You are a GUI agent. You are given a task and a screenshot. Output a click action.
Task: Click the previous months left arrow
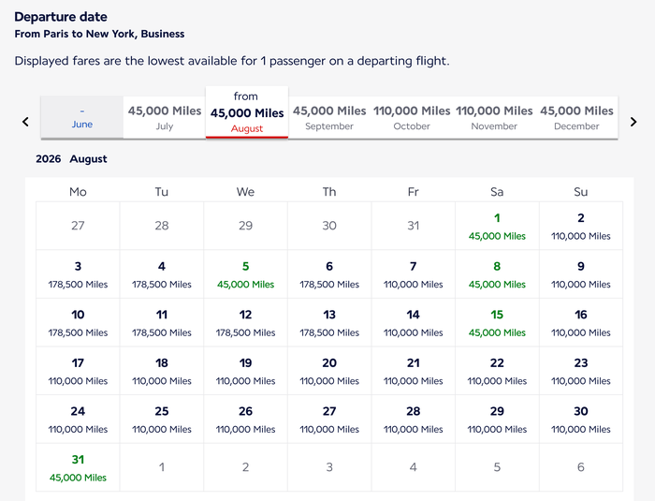point(25,122)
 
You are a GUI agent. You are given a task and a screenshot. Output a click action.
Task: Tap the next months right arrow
point(633,122)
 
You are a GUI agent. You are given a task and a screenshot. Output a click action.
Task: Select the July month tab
point(165,117)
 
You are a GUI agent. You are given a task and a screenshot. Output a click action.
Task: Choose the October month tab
point(412,117)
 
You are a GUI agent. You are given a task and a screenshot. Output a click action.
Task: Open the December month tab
point(576,117)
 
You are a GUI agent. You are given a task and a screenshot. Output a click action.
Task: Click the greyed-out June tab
point(82,117)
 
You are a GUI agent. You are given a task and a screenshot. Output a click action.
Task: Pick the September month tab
point(329,117)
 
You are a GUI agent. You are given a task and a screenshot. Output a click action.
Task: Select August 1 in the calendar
point(497,226)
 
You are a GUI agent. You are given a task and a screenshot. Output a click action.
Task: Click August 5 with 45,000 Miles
point(245,274)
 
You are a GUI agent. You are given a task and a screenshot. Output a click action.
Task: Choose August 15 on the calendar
point(497,323)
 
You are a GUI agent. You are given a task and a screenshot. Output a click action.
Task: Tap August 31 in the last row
point(78,467)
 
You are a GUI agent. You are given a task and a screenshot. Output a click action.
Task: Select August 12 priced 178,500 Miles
point(245,323)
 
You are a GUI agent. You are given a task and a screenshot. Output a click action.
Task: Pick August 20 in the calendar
point(329,371)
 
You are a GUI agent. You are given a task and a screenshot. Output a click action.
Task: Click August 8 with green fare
point(497,274)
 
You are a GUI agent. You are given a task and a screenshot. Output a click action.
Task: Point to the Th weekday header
point(329,192)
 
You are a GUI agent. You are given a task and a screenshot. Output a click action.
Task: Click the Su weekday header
point(581,192)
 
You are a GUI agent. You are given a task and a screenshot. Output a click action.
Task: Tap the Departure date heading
point(61,17)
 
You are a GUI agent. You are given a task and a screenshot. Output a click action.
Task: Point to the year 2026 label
point(48,159)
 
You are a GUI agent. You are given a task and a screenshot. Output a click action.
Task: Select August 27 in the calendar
point(329,419)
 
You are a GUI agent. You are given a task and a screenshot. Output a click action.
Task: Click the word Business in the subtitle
point(163,34)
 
